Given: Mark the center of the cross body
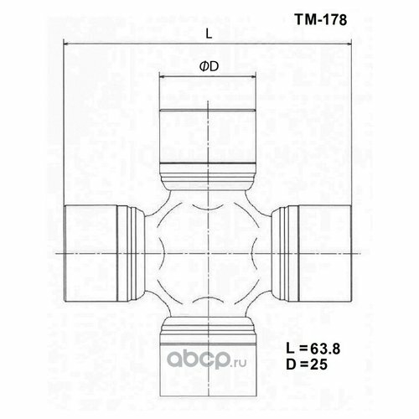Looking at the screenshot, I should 208,251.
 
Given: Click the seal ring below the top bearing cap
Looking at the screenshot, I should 207,178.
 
